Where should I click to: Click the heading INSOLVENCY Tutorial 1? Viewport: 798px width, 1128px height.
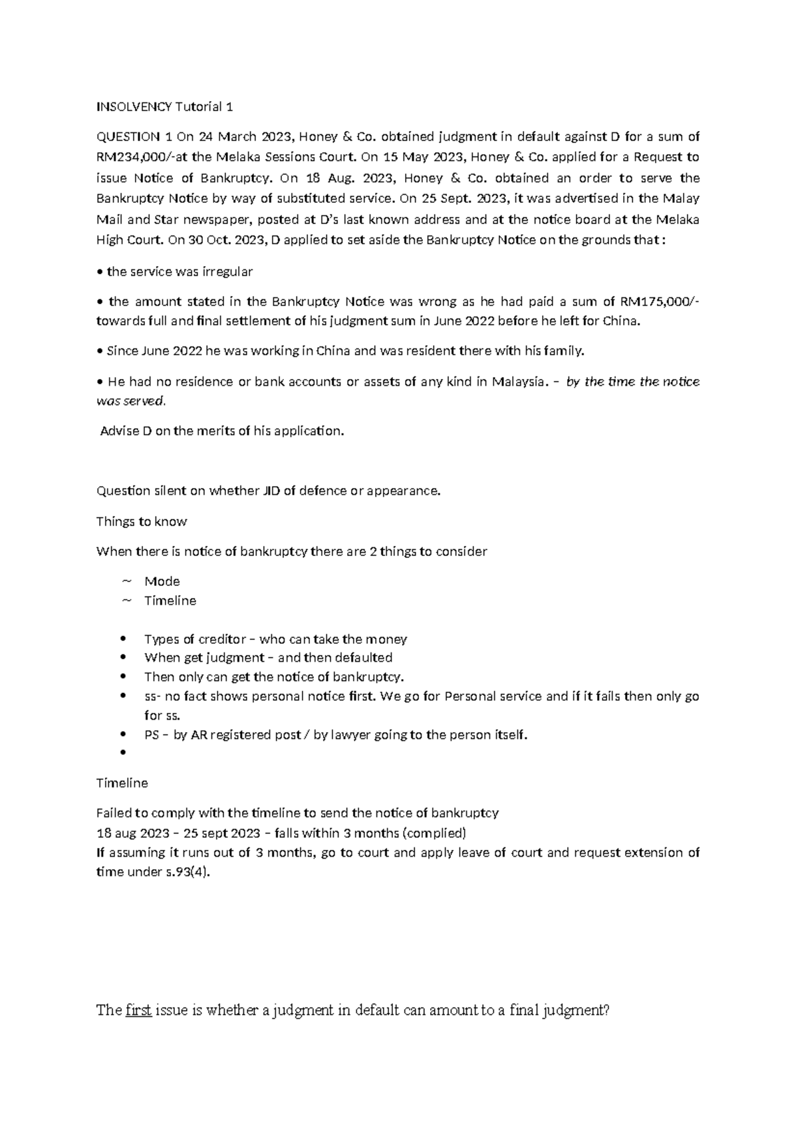pyautogui.click(x=164, y=106)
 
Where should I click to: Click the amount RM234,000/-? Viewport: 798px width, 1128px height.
pyautogui.click(x=134, y=158)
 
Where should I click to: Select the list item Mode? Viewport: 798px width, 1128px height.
pyautogui.click(x=162, y=581)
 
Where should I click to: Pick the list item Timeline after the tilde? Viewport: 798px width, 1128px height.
pyautogui.click(x=170, y=601)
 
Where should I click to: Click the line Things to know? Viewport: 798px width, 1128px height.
pyautogui.click(x=142, y=521)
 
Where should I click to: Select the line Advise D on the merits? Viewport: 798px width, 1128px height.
pyautogui.click(x=222, y=431)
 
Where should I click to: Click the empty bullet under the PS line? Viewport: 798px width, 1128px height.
pyautogui.click(x=123, y=754)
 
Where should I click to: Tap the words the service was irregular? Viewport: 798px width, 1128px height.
pyautogui.click(x=180, y=271)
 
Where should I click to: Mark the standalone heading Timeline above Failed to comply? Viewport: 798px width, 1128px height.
pyautogui.click(x=122, y=783)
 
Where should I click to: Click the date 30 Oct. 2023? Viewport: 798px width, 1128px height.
pyautogui.click(x=225, y=240)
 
